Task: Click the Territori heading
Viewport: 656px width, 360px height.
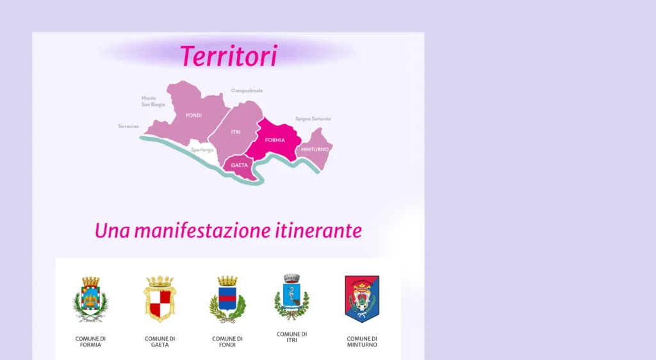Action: tap(229, 56)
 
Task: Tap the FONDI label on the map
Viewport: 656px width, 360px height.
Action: tap(193, 115)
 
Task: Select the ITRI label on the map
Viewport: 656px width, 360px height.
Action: tap(236, 132)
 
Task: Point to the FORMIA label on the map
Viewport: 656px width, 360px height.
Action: tap(275, 140)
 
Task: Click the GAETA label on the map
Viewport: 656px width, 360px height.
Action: tap(240, 165)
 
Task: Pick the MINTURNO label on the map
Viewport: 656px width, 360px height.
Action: tap(315, 149)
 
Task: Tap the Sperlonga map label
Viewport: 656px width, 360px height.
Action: tap(202, 150)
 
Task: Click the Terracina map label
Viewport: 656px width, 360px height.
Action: tap(128, 126)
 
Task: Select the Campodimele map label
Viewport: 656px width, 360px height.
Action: tap(247, 91)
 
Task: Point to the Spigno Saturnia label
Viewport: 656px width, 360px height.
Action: tap(313, 119)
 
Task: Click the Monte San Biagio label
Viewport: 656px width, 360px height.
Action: tap(153, 102)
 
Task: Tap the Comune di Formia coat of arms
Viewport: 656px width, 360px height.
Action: tap(90, 299)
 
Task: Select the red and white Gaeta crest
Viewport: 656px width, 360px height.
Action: tap(160, 299)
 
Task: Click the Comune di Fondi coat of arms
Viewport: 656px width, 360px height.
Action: tap(227, 299)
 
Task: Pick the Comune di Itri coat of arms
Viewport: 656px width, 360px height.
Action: tap(291, 297)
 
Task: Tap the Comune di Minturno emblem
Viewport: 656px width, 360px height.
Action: tap(362, 299)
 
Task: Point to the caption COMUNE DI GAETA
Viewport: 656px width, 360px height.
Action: tap(160, 341)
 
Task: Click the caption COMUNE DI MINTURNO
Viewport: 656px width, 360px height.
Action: tap(362, 341)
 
